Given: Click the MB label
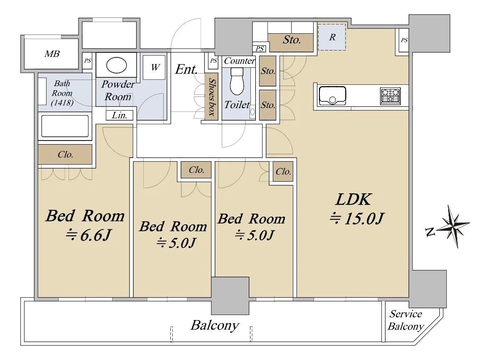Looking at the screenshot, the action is [52, 54].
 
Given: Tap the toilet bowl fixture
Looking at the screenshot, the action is [236, 81].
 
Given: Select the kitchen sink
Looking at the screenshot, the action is [332, 95].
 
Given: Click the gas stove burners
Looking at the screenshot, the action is [390, 96].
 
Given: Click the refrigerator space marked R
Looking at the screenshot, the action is [332, 37].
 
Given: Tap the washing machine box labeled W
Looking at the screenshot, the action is [155, 67].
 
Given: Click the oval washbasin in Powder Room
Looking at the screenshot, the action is [117, 65].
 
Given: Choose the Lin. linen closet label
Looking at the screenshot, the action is [120, 115].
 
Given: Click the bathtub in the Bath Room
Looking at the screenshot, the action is [65, 126].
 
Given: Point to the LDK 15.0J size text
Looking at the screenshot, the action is [357, 219].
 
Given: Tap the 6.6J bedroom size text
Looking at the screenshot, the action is [88, 235].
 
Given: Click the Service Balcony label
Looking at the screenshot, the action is [405, 320].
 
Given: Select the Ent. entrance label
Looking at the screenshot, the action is [186, 69].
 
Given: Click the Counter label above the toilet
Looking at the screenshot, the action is [240, 61].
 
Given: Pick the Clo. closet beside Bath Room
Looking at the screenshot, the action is [65, 154].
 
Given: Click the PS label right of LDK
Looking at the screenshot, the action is [404, 40].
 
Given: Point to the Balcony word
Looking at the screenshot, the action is [215, 325].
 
